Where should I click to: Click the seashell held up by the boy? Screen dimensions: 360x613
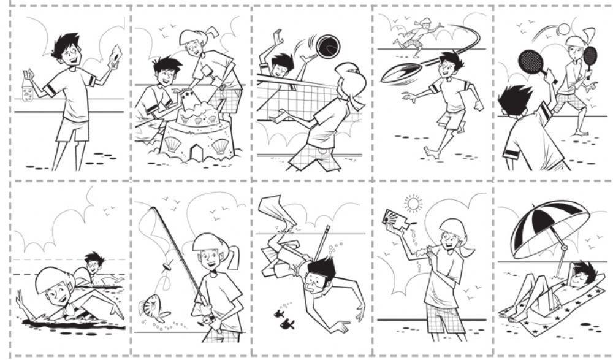tap(115, 56)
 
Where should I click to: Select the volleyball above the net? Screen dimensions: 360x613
tap(327, 46)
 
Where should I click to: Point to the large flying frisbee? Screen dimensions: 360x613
tap(402, 72)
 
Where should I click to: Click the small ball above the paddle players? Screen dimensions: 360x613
tap(563, 28)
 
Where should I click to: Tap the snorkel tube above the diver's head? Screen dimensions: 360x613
tap(324, 240)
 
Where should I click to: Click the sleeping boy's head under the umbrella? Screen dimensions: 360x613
tap(582, 271)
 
